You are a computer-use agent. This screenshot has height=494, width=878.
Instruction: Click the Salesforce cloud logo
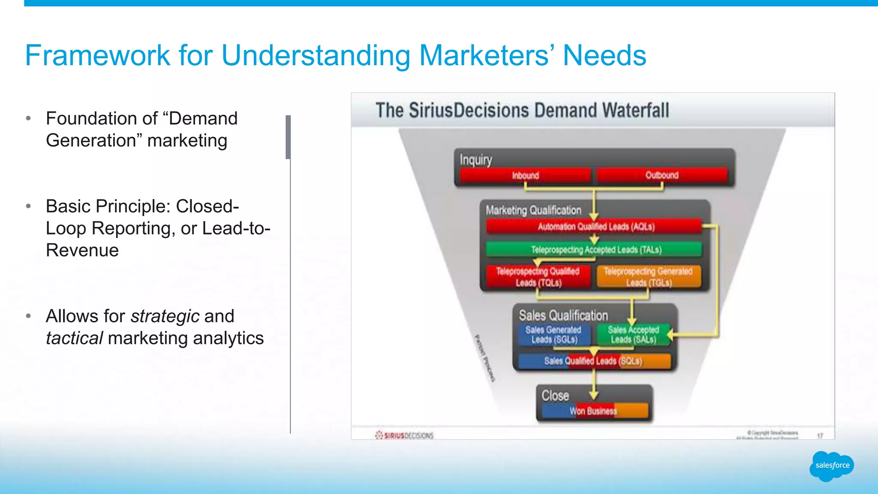(832, 466)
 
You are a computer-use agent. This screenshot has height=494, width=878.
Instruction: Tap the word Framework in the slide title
(98, 55)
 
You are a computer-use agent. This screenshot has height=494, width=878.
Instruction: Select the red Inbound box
(525, 175)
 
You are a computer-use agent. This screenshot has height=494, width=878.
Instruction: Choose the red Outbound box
(662, 175)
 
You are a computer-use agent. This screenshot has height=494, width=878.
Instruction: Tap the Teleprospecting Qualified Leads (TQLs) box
(538, 277)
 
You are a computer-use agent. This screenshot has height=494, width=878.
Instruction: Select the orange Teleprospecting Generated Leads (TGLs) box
(648, 277)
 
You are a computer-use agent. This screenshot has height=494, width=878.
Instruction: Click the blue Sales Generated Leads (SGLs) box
(553, 334)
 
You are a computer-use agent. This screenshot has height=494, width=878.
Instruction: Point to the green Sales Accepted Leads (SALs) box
(633, 334)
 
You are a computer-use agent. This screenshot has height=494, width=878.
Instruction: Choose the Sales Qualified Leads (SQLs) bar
(594, 361)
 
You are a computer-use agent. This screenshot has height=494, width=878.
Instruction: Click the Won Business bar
(594, 411)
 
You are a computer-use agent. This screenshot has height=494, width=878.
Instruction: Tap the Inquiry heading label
(476, 160)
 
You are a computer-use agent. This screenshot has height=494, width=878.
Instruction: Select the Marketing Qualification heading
(533, 210)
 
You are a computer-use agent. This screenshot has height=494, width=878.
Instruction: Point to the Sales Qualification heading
(563, 316)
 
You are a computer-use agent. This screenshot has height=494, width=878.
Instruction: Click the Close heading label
(555, 395)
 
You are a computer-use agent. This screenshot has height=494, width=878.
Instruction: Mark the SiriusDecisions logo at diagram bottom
(404, 435)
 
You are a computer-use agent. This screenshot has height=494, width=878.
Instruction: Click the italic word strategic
(165, 316)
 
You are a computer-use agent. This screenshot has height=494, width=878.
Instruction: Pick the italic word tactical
(74, 338)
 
